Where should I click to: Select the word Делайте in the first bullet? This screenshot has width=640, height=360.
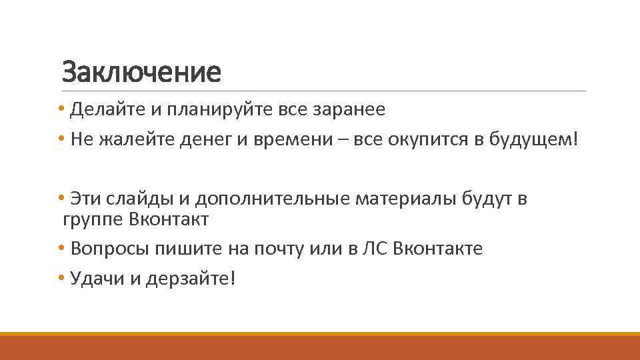click(103, 109)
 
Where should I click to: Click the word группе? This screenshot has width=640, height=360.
click(92, 219)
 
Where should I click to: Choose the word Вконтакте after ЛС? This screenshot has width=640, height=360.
click(438, 249)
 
